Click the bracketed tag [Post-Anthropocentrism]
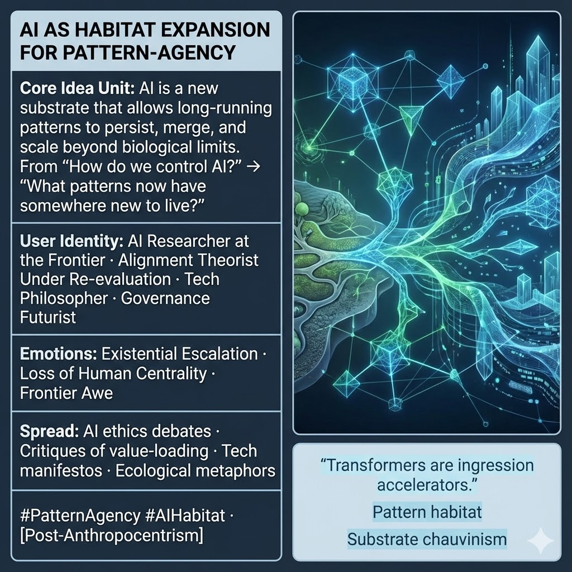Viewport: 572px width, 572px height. click(111, 535)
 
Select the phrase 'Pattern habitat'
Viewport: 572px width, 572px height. click(427, 511)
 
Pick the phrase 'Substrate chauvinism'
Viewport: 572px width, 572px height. click(427, 539)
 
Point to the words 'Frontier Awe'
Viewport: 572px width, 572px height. click(66, 393)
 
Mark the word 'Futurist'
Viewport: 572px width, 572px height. click(48, 317)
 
